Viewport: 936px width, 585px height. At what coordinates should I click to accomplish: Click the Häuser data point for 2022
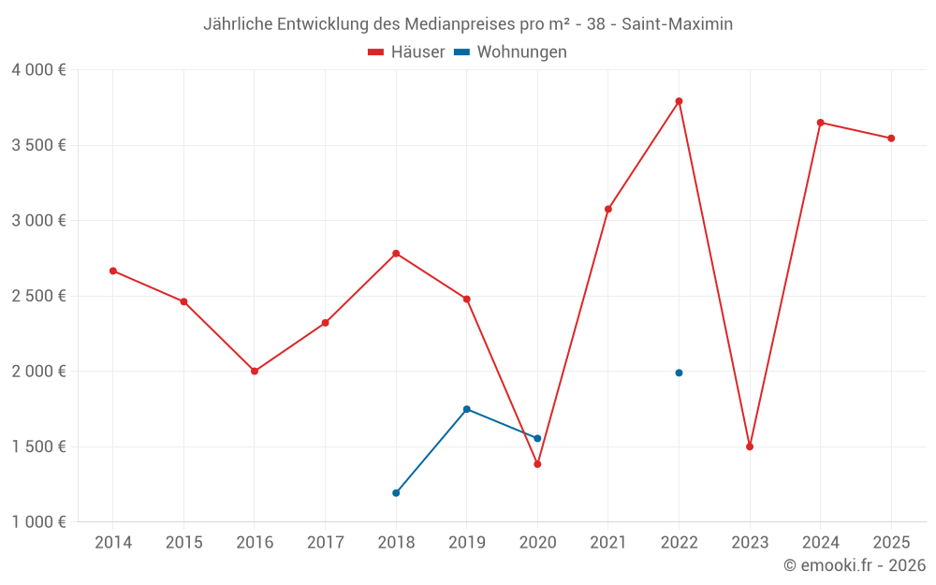[x=679, y=101]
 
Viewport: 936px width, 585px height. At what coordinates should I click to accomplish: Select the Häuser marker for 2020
[x=537, y=464]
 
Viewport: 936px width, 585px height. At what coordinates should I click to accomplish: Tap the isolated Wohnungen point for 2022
[x=679, y=373]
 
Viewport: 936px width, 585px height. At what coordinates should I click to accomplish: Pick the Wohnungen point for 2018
[x=396, y=492]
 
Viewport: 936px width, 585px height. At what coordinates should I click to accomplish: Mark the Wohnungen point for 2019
[x=466, y=409]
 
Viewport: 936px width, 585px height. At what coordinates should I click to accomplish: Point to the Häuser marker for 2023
[x=750, y=446]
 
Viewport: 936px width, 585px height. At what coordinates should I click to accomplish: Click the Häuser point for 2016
[x=255, y=371]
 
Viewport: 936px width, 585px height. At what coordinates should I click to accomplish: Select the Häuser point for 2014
[x=113, y=271]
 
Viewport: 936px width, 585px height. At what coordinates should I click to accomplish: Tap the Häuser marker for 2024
[x=820, y=123]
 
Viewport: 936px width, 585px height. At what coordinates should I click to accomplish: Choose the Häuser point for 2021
[x=607, y=209]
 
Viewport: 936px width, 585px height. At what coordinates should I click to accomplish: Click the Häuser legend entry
[x=406, y=52]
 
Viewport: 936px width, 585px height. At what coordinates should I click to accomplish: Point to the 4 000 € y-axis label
[x=38, y=70]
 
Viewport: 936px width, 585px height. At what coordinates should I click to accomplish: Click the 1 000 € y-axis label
[x=38, y=522]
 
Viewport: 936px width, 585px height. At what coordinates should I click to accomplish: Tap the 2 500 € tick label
[x=38, y=296]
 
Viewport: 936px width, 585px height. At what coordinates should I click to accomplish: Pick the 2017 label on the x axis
[x=325, y=543]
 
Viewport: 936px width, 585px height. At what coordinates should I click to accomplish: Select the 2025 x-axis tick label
[x=891, y=543]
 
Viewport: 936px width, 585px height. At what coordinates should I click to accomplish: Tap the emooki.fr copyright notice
[x=854, y=565]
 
